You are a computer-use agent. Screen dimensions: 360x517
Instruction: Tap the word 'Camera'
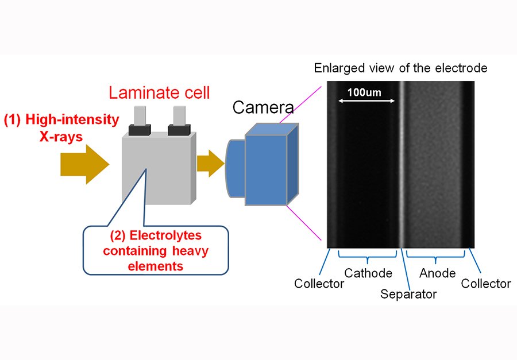click(x=263, y=107)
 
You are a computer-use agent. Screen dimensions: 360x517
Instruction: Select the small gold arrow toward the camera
click(x=210, y=162)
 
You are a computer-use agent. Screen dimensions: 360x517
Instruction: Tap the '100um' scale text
click(x=364, y=91)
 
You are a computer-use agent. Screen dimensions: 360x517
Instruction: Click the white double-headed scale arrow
click(x=366, y=101)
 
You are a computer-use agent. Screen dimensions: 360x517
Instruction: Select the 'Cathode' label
click(x=368, y=273)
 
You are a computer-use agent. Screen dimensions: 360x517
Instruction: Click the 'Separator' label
click(x=408, y=294)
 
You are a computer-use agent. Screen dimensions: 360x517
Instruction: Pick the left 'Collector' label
click(x=319, y=284)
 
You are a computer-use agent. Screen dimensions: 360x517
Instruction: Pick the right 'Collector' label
click(x=486, y=284)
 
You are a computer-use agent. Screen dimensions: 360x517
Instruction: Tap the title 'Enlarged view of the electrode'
click(x=400, y=68)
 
